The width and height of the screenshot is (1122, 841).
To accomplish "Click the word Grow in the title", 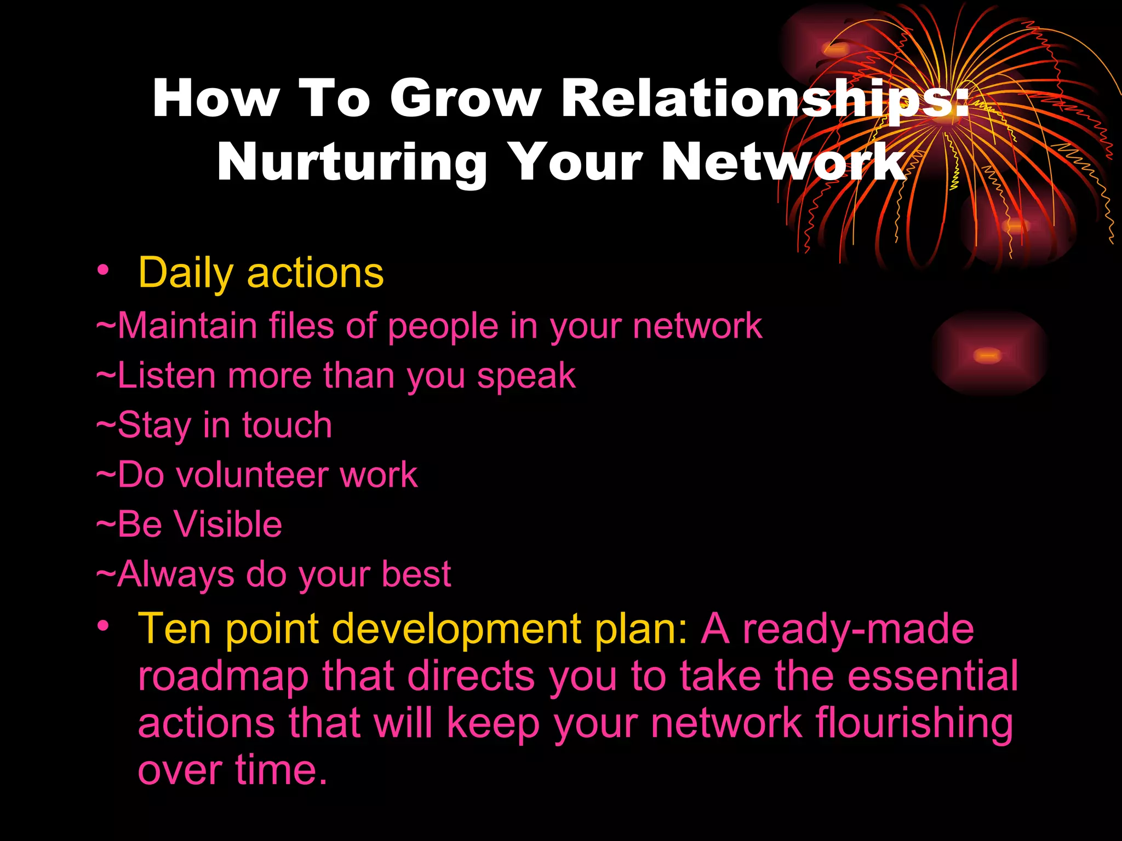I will click(x=466, y=99).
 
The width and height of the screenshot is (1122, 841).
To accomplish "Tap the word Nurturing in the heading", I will click(x=352, y=163).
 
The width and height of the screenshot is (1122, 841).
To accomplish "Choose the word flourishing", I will click(x=914, y=724).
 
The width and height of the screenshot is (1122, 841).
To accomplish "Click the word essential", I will click(x=932, y=676).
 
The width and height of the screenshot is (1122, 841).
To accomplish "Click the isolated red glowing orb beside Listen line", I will click(x=988, y=355).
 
